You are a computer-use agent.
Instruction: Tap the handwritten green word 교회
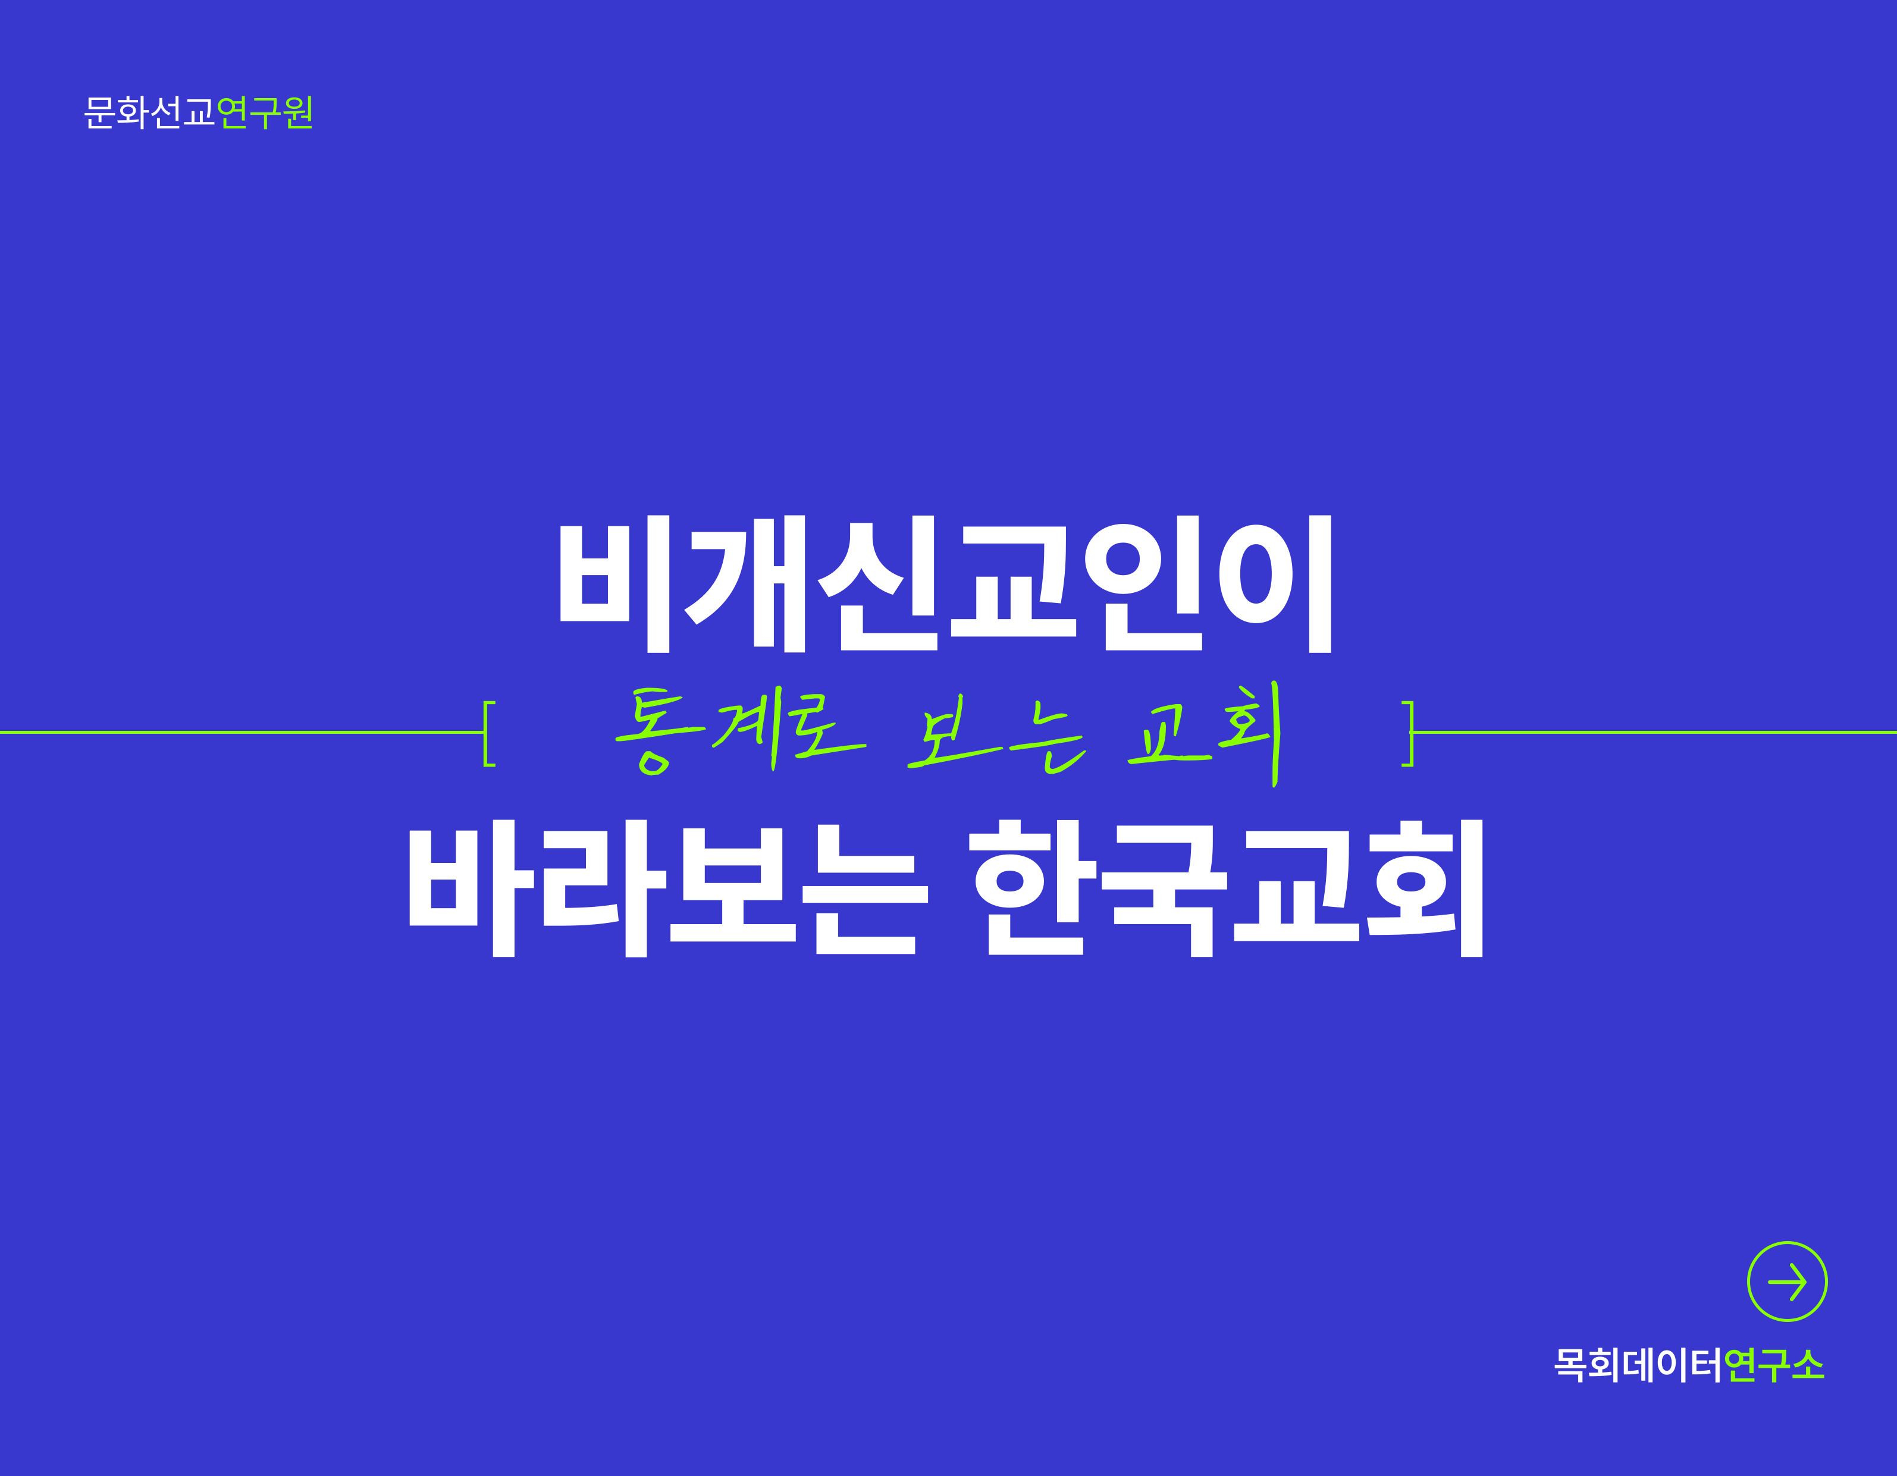point(1205,734)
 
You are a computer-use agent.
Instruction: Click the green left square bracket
point(488,734)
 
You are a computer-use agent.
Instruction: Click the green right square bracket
point(1409,734)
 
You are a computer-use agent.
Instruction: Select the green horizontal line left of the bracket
point(242,733)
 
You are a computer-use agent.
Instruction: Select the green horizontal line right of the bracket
point(1655,733)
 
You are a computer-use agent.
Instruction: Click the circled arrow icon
point(1787,1282)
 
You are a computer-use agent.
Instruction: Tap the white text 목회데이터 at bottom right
point(1637,1365)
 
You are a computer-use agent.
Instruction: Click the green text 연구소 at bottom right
point(1773,1365)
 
